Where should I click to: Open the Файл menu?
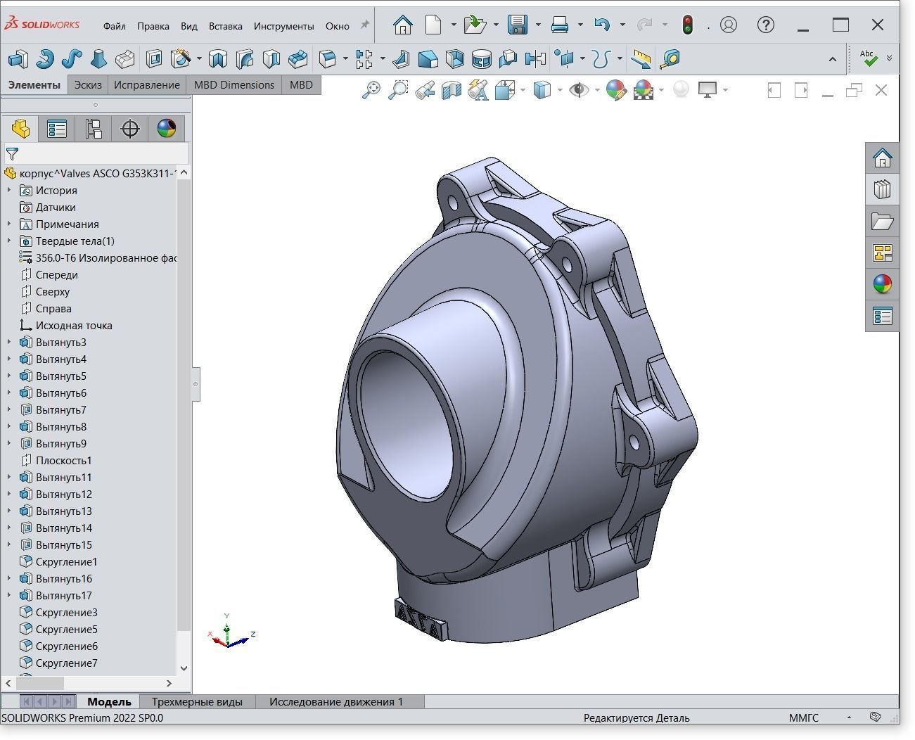coord(114,26)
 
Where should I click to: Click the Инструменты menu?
coord(283,26)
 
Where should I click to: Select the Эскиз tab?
coord(88,85)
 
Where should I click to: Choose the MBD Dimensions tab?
coord(233,85)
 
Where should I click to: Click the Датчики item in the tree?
coord(55,208)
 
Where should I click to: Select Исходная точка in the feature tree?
coord(73,326)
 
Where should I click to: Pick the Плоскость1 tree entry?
coord(63,461)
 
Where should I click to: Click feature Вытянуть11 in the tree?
coord(63,478)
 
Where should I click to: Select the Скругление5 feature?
coord(66,630)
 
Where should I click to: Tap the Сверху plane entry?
coord(52,292)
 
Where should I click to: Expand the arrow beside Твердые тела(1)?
coord(9,241)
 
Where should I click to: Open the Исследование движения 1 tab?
coord(335,701)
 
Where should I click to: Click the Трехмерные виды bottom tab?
coord(196,701)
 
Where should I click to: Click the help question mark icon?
coord(765,25)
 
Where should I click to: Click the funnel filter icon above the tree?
coord(12,153)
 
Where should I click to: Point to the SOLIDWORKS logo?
coord(42,25)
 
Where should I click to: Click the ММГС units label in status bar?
coord(803,718)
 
